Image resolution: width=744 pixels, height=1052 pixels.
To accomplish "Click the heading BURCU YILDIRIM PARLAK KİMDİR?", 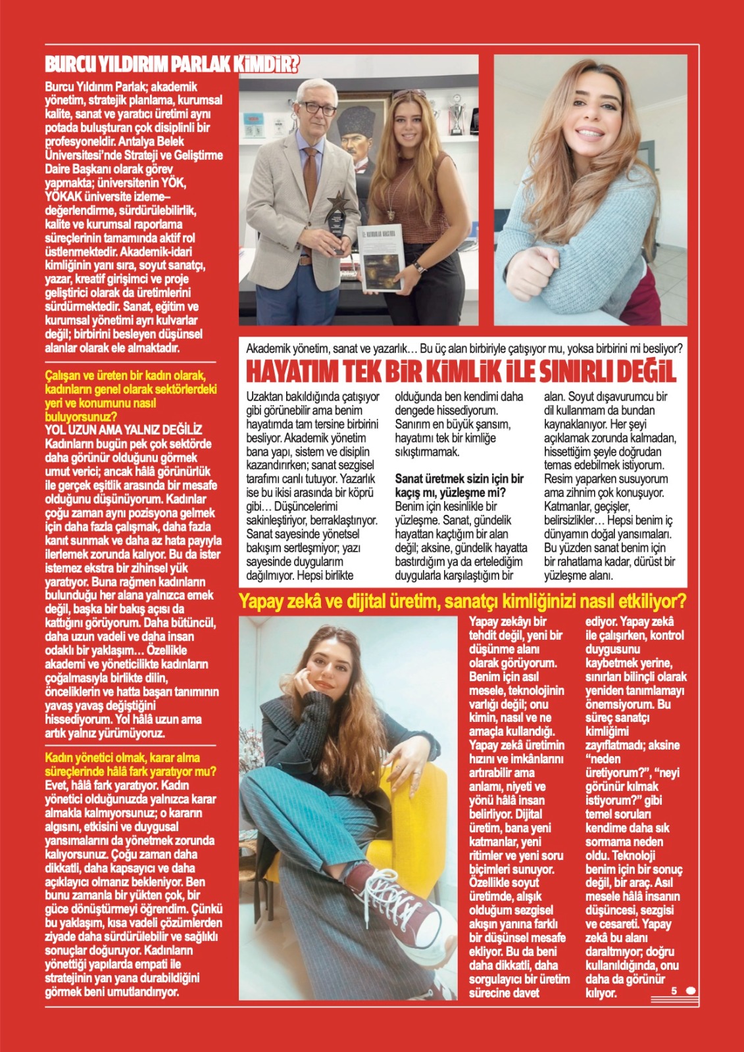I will pos(172,65).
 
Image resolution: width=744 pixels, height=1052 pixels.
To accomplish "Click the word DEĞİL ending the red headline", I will pos(641,372).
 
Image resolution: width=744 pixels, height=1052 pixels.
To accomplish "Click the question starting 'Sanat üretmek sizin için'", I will pos(459,485).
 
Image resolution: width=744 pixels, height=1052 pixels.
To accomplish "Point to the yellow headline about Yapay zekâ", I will pos(462,601).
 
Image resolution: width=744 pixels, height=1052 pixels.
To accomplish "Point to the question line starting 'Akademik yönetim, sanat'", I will pos(464,348).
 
